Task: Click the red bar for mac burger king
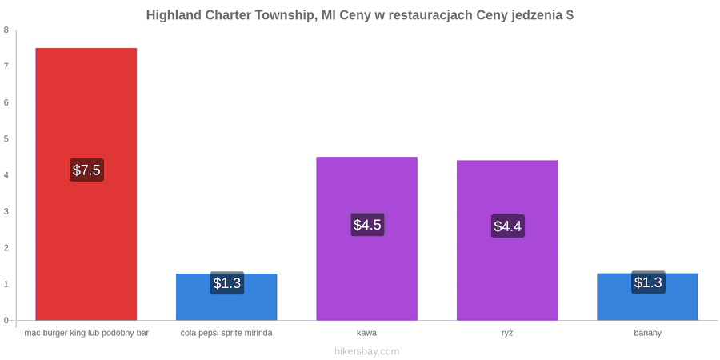[86, 184]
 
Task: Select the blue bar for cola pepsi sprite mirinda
[226, 297]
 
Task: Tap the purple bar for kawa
[367, 238]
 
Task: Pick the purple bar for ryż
[507, 240]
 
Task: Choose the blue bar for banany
[647, 297]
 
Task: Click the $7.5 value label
[86, 170]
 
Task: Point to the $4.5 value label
[367, 225]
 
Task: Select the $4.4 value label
[508, 226]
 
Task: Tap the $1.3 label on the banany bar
[648, 282]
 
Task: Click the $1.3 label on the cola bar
[227, 283]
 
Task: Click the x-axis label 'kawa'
[367, 333]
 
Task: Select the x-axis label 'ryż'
[507, 333]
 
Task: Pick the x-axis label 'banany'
[647, 334]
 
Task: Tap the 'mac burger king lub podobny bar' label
[86, 334]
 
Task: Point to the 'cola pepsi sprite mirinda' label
[226, 334]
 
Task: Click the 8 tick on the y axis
[6, 30]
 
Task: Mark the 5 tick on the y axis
[6, 139]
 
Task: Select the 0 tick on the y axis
[6, 321]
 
